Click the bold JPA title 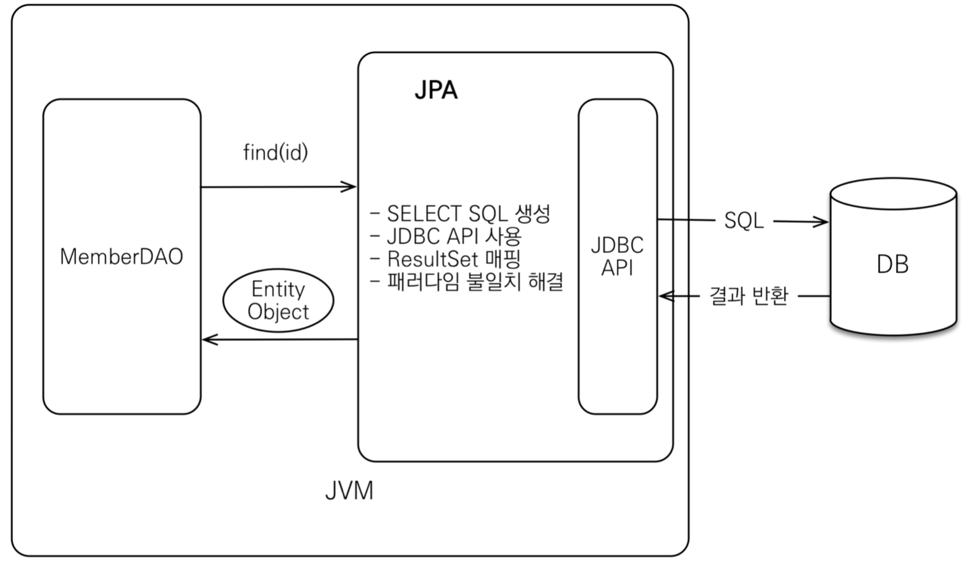pos(436,90)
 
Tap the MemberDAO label pos(122,257)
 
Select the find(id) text pos(275,153)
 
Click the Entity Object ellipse pos(278,300)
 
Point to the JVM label pos(349,491)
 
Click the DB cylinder pos(893,265)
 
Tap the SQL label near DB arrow pos(744,221)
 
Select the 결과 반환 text pos(748,297)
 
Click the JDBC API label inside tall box pos(617,256)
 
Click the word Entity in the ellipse pos(278,289)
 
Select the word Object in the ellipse pos(278,312)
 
